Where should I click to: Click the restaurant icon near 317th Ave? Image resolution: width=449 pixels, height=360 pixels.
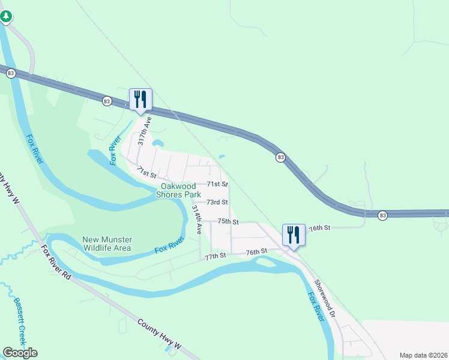point(140,99)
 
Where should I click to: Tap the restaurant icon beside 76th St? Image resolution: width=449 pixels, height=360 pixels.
point(294,234)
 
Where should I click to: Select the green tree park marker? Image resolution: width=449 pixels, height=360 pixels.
point(5,16)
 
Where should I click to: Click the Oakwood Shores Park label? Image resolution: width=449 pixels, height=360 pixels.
point(178,190)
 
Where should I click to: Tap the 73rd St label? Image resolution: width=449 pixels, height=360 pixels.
point(217,203)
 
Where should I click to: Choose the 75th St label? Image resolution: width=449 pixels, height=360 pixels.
point(228,221)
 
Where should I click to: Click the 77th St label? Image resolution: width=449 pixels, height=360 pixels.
point(214,256)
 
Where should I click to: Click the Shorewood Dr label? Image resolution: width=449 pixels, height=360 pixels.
point(326,300)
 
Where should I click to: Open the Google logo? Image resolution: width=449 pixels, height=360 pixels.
point(20,353)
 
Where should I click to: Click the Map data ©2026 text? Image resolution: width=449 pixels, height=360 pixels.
point(423,355)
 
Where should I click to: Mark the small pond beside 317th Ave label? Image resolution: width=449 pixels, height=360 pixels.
point(158,143)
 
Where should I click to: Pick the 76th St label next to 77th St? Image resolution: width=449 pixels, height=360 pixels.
point(256,252)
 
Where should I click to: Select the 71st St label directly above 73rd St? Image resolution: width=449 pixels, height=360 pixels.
point(217,184)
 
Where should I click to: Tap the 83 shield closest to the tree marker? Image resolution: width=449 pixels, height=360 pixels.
point(11,73)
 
